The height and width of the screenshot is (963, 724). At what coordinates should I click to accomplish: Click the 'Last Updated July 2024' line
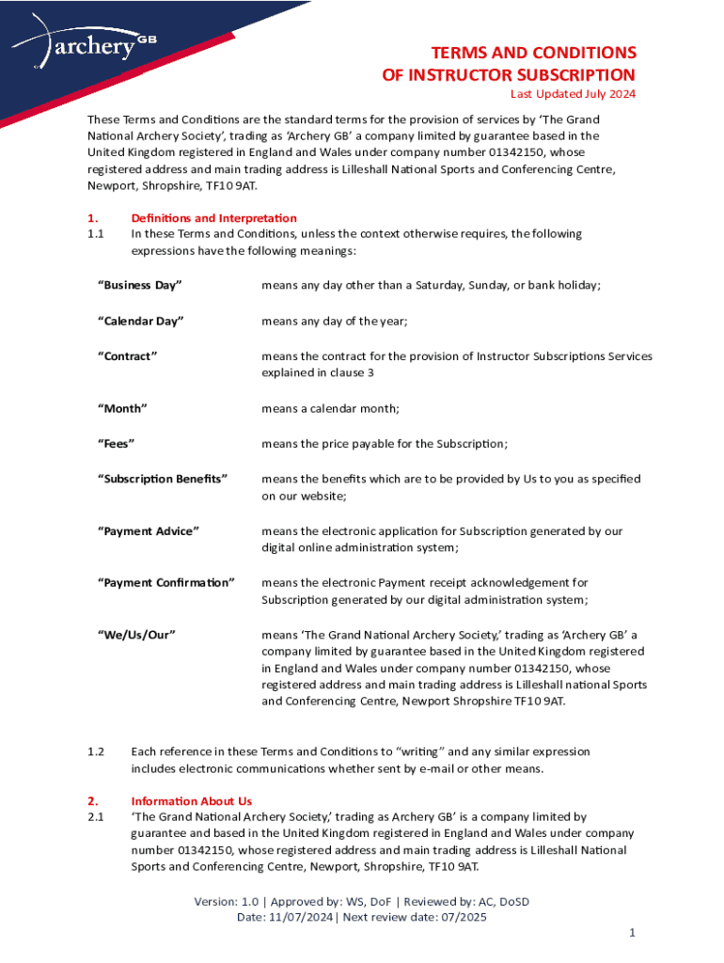(x=573, y=94)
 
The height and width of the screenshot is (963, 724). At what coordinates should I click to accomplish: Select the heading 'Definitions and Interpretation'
(x=214, y=218)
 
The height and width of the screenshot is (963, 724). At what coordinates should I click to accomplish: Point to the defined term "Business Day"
(x=140, y=285)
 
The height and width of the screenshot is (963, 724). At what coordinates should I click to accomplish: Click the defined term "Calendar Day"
(x=141, y=322)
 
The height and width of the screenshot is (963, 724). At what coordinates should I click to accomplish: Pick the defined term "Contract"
(x=127, y=356)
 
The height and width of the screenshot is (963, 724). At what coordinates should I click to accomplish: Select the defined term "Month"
(x=123, y=408)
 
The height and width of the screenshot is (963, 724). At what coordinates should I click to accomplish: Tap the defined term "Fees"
(x=118, y=443)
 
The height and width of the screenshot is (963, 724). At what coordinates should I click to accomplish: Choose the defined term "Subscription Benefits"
(x=163, y=479)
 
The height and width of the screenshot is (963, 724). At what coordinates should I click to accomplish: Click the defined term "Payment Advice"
(x=149, y=531)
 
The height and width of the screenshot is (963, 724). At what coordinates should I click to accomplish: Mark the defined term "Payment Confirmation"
(x=166, y=583)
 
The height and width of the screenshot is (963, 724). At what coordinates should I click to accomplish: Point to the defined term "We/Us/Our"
(x=137, y=635)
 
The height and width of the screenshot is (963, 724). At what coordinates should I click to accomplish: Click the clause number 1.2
(x=95, y=751)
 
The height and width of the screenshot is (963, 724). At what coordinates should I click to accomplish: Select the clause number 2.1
(x=95, y=817)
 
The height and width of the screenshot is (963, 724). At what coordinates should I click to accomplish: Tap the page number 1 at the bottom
(x=633, y=932)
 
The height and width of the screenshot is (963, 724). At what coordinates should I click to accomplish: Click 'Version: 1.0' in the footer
(x=227, y=902)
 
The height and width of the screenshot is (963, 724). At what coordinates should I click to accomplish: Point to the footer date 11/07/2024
(x=300, y=918)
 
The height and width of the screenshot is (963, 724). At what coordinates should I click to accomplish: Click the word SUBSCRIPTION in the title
(x=560, y=74)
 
